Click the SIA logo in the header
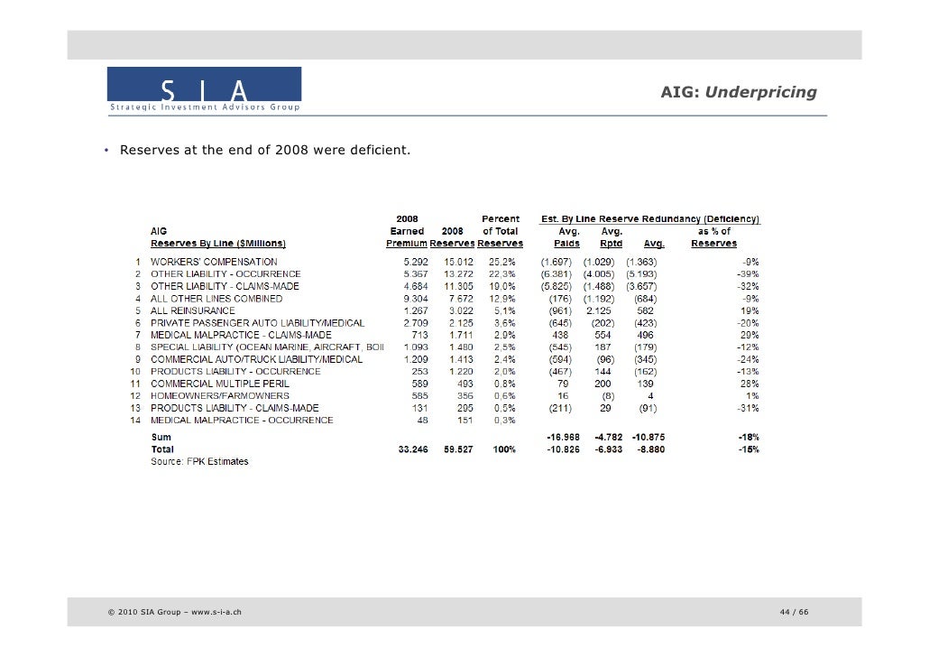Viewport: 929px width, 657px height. click(204, 90)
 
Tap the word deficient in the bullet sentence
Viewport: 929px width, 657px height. click(382, 148)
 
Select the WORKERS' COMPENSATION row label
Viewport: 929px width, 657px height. click(214, 262)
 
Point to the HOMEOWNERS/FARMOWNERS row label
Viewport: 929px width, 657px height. click(219, 395)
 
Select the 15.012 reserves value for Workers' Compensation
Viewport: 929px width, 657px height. click(458, 262)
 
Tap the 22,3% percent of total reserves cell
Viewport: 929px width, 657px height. click(501, 273)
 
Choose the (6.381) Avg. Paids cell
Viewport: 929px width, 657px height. click(556, 273)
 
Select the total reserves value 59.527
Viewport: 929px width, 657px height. click(457, 449)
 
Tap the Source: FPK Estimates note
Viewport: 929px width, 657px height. click(198, 461)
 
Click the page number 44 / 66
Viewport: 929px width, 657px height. click(794, 614)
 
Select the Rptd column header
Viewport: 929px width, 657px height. click(612, 243)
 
